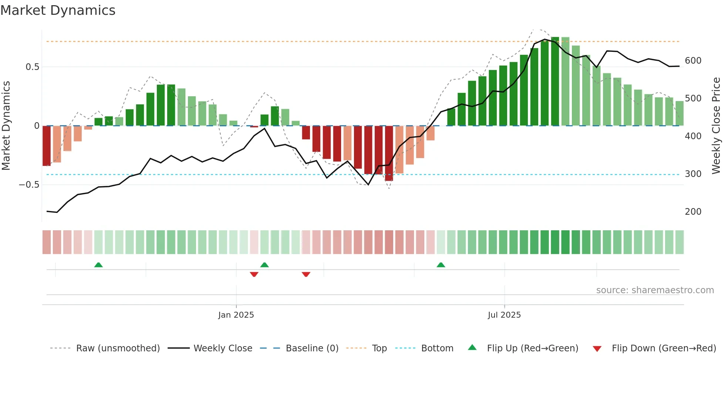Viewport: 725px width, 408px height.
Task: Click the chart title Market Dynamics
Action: click(58, 10)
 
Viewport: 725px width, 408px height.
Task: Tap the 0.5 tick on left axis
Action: click(32, 67)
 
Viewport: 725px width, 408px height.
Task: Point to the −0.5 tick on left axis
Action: click(29, 185)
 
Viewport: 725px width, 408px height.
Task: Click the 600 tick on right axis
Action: click(693, 61)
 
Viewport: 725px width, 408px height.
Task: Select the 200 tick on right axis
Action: click(693, 212)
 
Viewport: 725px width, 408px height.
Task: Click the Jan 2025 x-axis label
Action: click(236, 315)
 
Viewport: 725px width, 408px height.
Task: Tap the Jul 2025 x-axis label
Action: click(504, 315)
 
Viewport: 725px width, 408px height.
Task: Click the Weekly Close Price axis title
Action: click(716, 126)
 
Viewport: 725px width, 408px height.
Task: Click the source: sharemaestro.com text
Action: click(655, 290)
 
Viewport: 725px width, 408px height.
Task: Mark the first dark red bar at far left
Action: click(47, 146)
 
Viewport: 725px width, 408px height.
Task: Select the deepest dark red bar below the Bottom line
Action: click(389, 153)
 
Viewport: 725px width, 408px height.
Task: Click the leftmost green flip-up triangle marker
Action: click(98, 265)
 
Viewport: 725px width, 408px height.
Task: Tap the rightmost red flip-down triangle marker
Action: click(306, 274)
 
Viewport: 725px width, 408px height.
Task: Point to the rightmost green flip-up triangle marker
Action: click(441, 265)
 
